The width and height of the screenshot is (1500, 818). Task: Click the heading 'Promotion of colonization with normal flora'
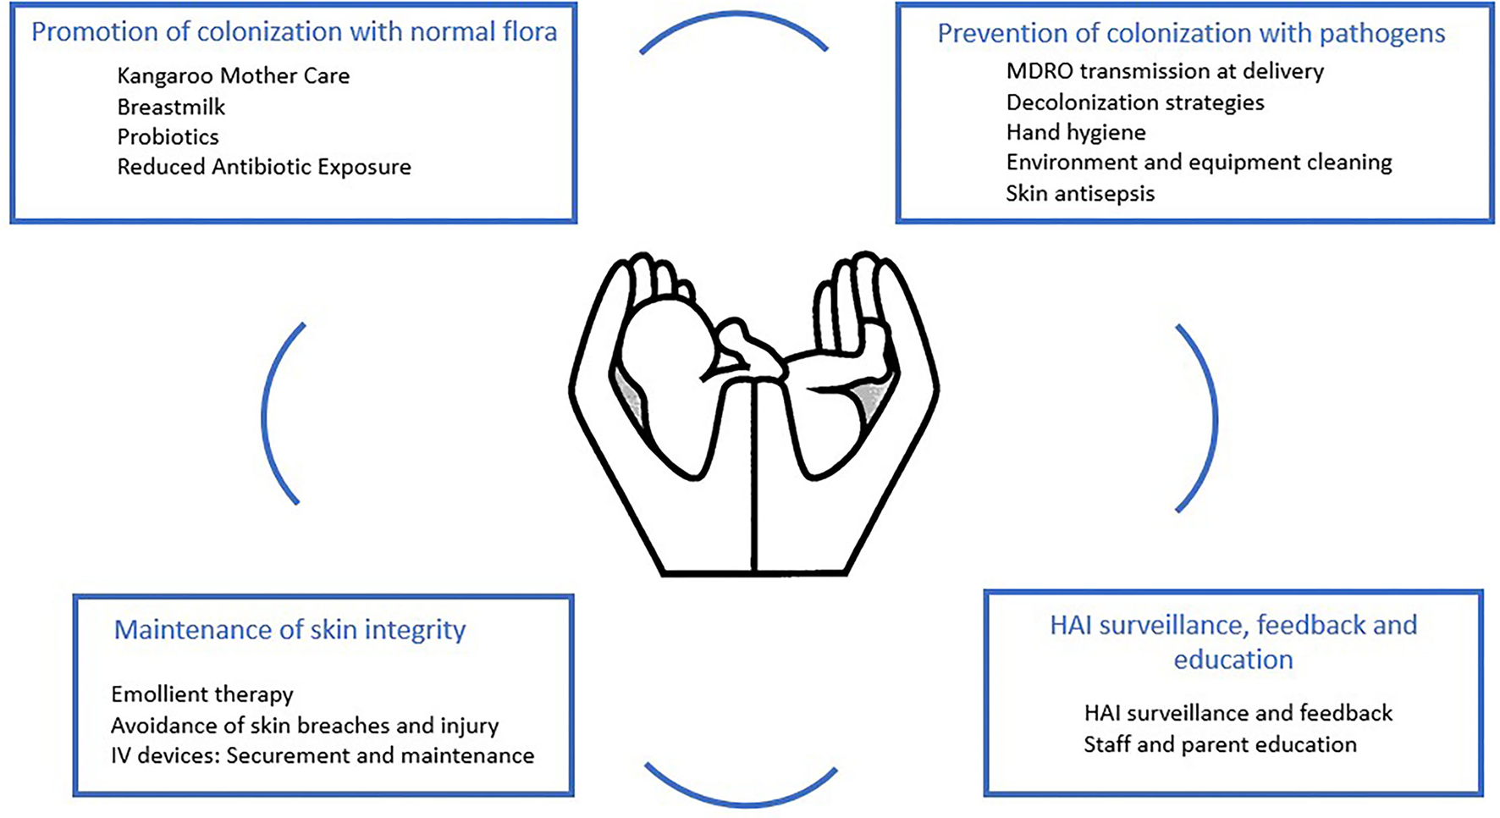pos(294,32)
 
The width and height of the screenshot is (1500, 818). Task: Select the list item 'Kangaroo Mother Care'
pos(233,76)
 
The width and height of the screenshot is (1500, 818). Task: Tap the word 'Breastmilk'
pos(171,108)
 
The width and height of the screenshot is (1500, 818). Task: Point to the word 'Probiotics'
pos(168,137)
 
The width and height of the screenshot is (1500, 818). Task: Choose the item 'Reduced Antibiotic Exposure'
pos(263,167)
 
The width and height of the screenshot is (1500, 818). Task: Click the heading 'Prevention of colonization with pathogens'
pos(1190,34)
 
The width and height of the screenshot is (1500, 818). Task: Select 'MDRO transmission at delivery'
pos(1164,71)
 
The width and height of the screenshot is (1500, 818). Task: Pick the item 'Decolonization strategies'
pos(1134,102)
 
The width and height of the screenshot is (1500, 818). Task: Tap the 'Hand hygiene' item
pos(1075,133)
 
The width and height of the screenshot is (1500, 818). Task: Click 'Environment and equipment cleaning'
pos(1198,163)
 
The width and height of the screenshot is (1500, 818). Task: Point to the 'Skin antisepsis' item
pos(1079,194)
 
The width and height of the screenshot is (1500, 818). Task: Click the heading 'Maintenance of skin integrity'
pos(290,630)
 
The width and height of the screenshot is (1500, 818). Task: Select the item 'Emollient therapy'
pos(201,694)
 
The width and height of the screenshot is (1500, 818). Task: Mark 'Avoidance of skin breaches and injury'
pos(304,726)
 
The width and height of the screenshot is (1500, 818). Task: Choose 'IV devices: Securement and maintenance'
pos(322,755)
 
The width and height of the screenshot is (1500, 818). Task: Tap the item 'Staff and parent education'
pos(1219,744)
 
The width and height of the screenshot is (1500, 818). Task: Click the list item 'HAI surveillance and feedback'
pos(1238,713)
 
